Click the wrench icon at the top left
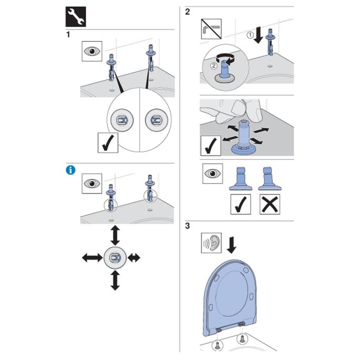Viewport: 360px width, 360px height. tap(74, 17)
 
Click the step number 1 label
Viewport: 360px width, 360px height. tap(68, 35)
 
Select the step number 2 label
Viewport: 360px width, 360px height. tap(188, 12)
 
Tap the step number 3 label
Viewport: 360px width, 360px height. tap(188, 227)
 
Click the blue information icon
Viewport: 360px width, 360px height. tap(69, 169)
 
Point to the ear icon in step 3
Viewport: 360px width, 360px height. tap(212, 244)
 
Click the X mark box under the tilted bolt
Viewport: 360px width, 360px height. tap(270, 203)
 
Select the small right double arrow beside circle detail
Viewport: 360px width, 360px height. tap(134, 258)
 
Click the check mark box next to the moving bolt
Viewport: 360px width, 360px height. tap(211, 145)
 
